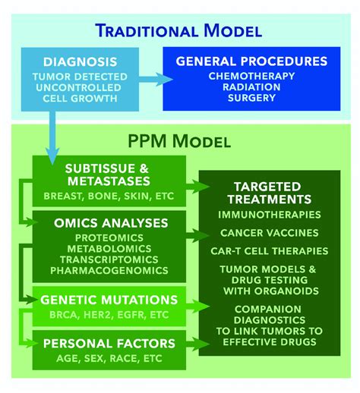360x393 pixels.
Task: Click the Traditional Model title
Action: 180,31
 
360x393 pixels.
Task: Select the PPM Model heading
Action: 180,141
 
